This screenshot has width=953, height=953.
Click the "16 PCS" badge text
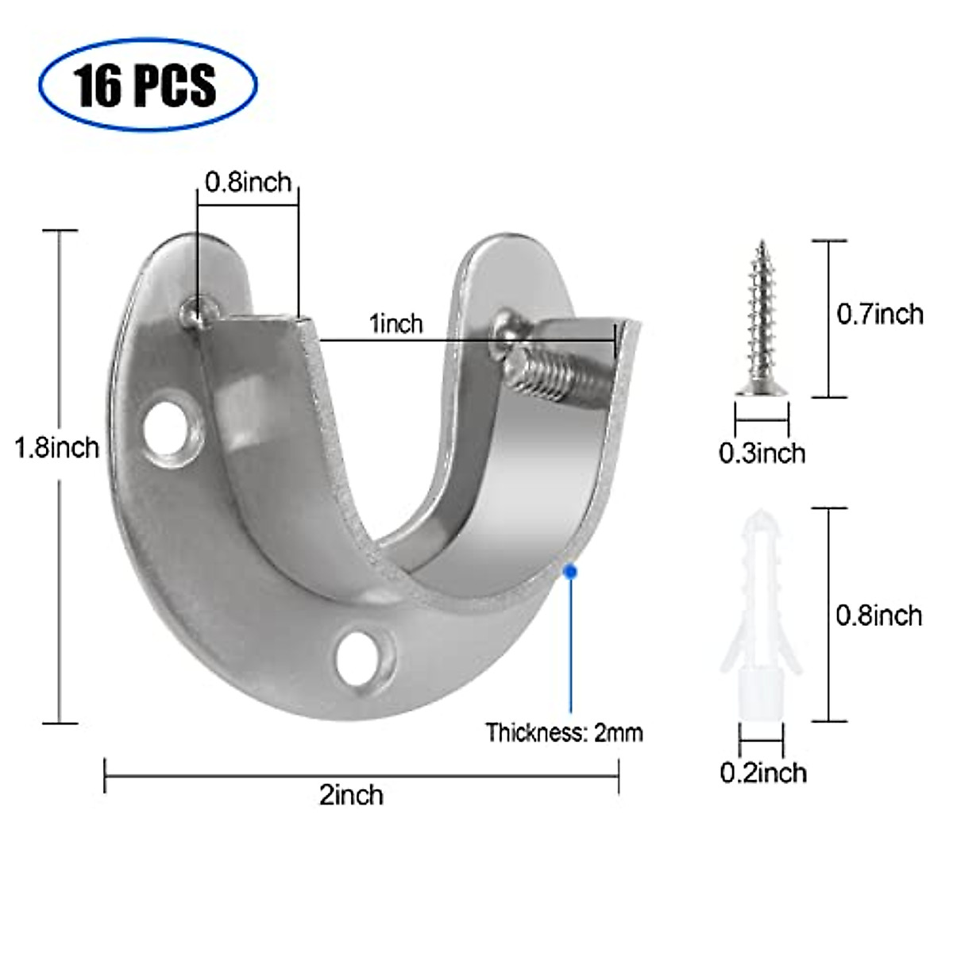147,84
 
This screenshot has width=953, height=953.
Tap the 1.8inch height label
56,448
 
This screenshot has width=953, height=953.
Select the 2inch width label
351,794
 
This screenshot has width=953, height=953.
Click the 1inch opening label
395,324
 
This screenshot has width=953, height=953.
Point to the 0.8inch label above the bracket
248,183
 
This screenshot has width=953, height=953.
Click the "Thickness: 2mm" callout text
564,732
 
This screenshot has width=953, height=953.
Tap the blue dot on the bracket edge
569,569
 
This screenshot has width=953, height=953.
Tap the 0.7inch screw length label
880,314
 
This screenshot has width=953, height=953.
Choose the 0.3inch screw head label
762,453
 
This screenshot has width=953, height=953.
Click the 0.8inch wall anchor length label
879,615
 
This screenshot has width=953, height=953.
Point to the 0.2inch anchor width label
763,773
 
